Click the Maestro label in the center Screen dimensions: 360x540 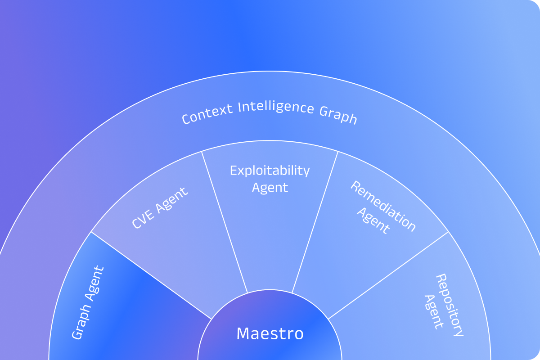click(x=270, y=334)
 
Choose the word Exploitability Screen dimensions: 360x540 click(x=270, y=171)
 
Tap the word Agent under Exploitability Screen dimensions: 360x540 click(x=270, y=187)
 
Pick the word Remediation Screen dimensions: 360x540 click(x=383, y=206)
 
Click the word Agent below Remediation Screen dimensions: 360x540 click(x=373, y=220)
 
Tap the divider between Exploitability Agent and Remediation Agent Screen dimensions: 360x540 click(x=315, y=220)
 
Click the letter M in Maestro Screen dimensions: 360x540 click(x=243, y=334)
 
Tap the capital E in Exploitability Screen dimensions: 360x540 click(x=233, y=171)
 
